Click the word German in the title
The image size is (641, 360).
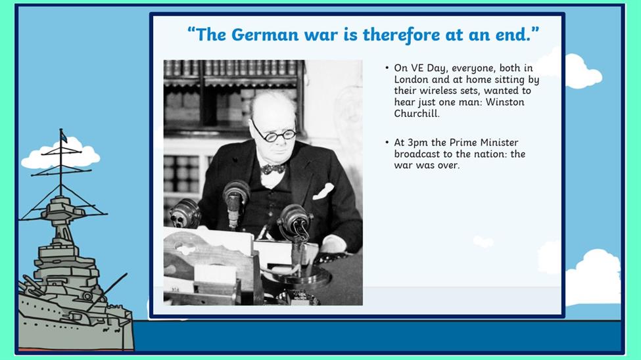pyautogui.click(x=265, y=34)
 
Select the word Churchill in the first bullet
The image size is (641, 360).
pyautogui.click(x=417, y=114)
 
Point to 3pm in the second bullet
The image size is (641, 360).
pyautogui.click(x=417, y=143)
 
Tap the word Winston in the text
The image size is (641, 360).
pyautogui.click(x=505, y=102)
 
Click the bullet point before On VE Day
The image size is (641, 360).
pyautogui.click(x=387, y=68)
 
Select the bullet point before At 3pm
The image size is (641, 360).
pyautogui.click(x=387, y=142)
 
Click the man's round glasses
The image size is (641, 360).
pyautogui.click(x=273, y=133)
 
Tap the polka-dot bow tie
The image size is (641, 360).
pyautogui.click(x=273, y=168)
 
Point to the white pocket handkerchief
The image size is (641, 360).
pyautogui.click(x=323, y=191)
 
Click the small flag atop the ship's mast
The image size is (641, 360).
pyautogui.click(x=63, y=136)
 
